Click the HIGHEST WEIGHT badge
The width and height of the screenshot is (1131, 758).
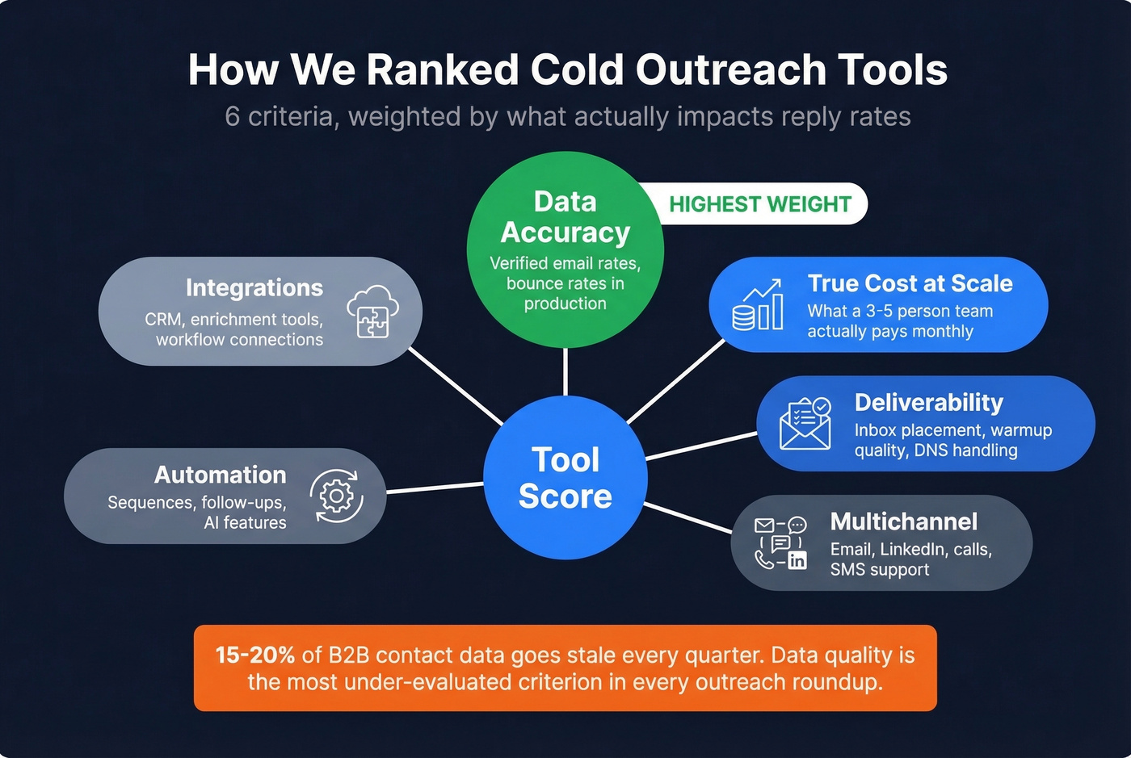[759, 204]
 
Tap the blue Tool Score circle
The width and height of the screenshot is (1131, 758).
[565, 478]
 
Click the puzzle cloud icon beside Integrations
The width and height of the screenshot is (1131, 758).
[372, 312]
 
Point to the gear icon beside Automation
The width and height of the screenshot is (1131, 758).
[336, 496]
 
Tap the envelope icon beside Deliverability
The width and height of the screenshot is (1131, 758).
[805, 423]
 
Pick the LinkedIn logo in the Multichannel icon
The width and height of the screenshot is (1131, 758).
[797, 559]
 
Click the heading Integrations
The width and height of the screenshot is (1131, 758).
[254, 288]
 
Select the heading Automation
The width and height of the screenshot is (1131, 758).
[220, 475]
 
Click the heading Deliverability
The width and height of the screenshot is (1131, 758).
[928, 402]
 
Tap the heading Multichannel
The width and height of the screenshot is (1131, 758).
[903, 521]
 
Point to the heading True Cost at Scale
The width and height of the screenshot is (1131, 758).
[910, 283]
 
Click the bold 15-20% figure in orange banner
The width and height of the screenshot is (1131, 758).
[254, 655]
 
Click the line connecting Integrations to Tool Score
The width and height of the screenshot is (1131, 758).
[456, 386]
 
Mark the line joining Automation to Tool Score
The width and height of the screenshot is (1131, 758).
[435, 488]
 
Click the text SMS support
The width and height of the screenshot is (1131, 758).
[879, 570]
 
